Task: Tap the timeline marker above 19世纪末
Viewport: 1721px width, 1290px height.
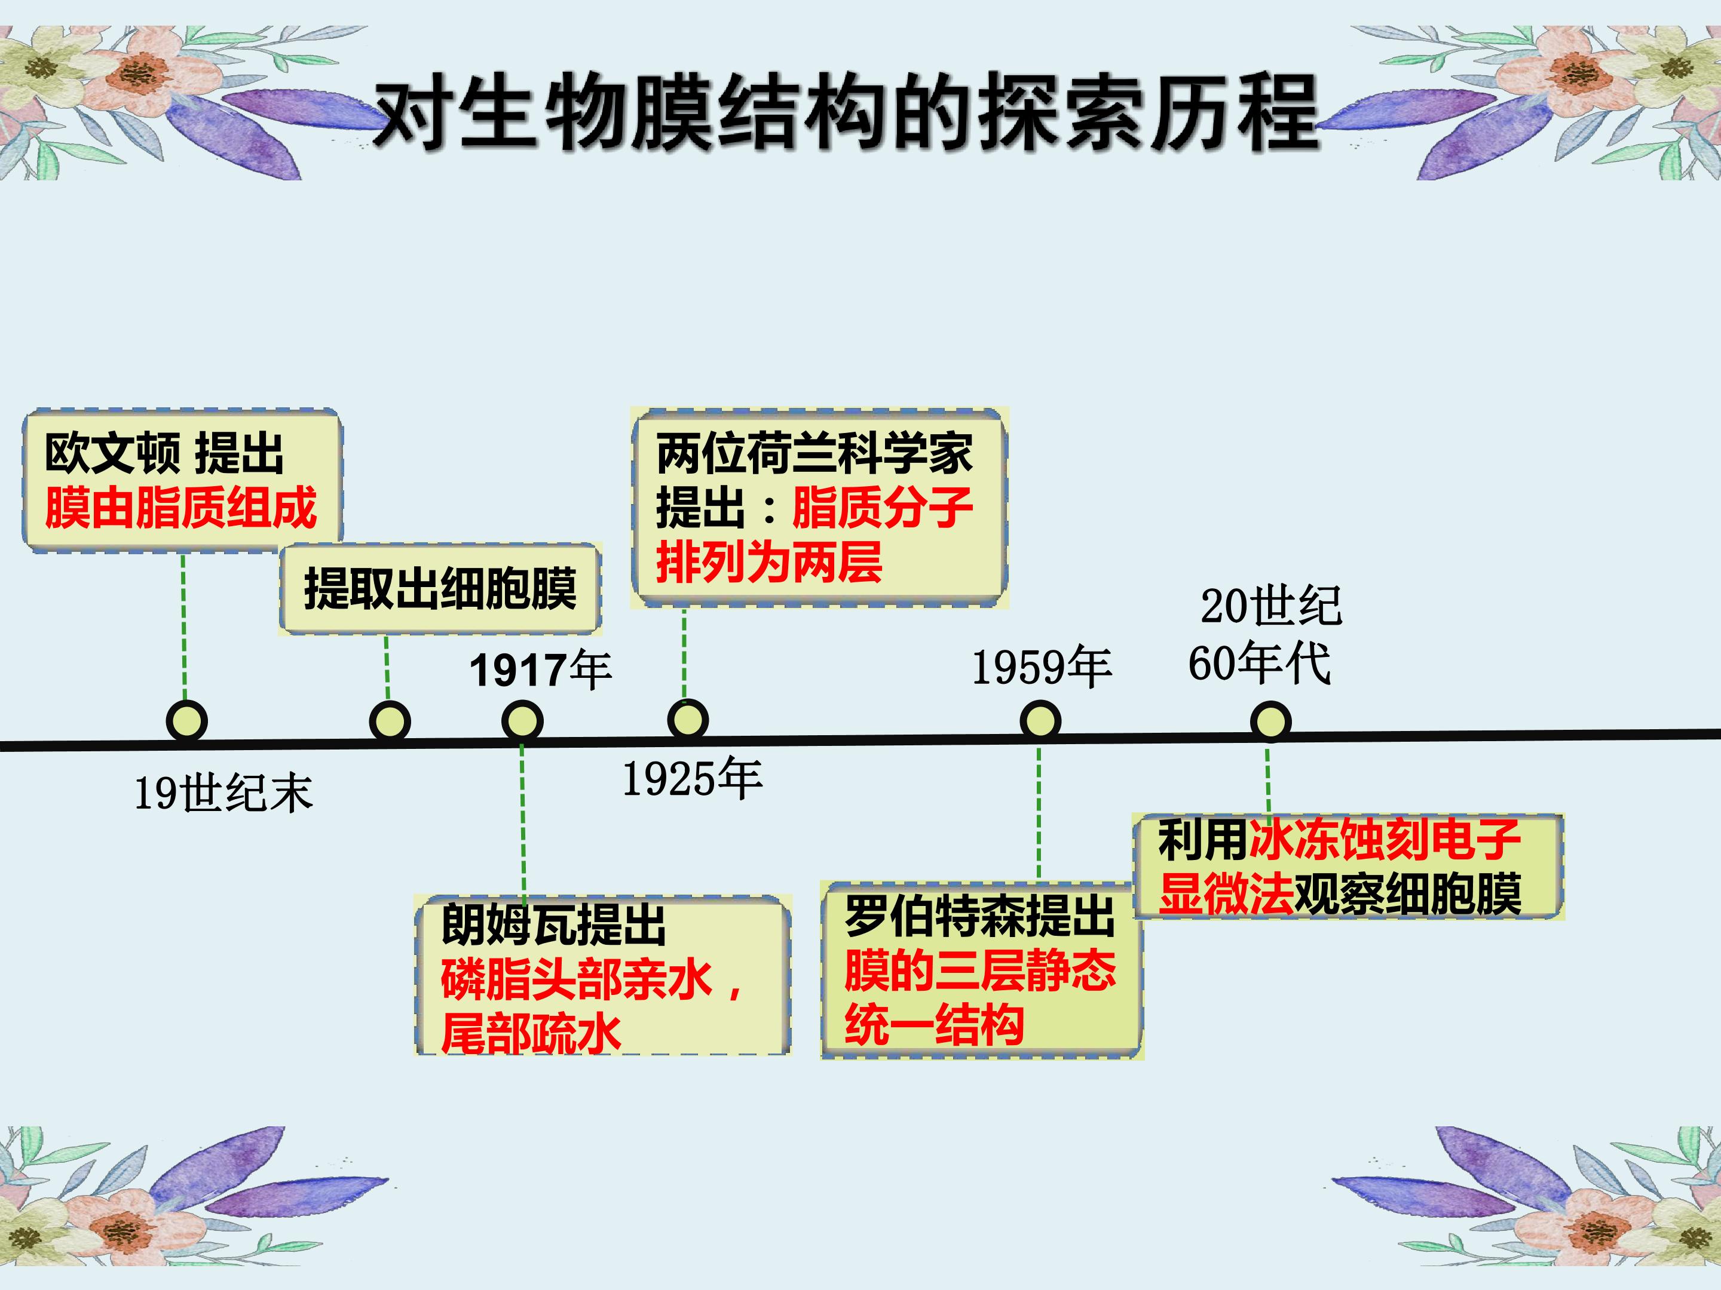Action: [x=186, y=720]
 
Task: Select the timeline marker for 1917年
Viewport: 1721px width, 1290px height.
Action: [x=522, y=720]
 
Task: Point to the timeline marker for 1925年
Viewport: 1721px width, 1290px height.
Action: [x=688, y=718]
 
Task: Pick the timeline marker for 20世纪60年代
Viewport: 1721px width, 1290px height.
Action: [x=1270, y=720]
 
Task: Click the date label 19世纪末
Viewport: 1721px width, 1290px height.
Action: [x=224, y=793]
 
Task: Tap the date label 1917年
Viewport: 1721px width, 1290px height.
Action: [x=540, y=670]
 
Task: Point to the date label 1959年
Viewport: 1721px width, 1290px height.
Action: [x=1042, y=667]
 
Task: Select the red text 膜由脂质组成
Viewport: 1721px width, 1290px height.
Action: [x=180, y=508]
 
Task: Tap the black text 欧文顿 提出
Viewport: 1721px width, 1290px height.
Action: [x=164, y=453]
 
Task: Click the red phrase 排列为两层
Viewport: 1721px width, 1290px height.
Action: [x=768, y=562]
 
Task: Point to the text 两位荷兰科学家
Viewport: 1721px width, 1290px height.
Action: [x=814, y=453]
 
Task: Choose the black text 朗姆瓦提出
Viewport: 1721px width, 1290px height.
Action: [x=553, y=924]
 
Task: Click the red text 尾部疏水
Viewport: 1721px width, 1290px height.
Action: [x=531, y=1033]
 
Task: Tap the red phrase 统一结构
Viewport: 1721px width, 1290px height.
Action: [x=935, y=1024]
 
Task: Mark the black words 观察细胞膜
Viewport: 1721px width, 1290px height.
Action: [x=1407, y=894]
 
